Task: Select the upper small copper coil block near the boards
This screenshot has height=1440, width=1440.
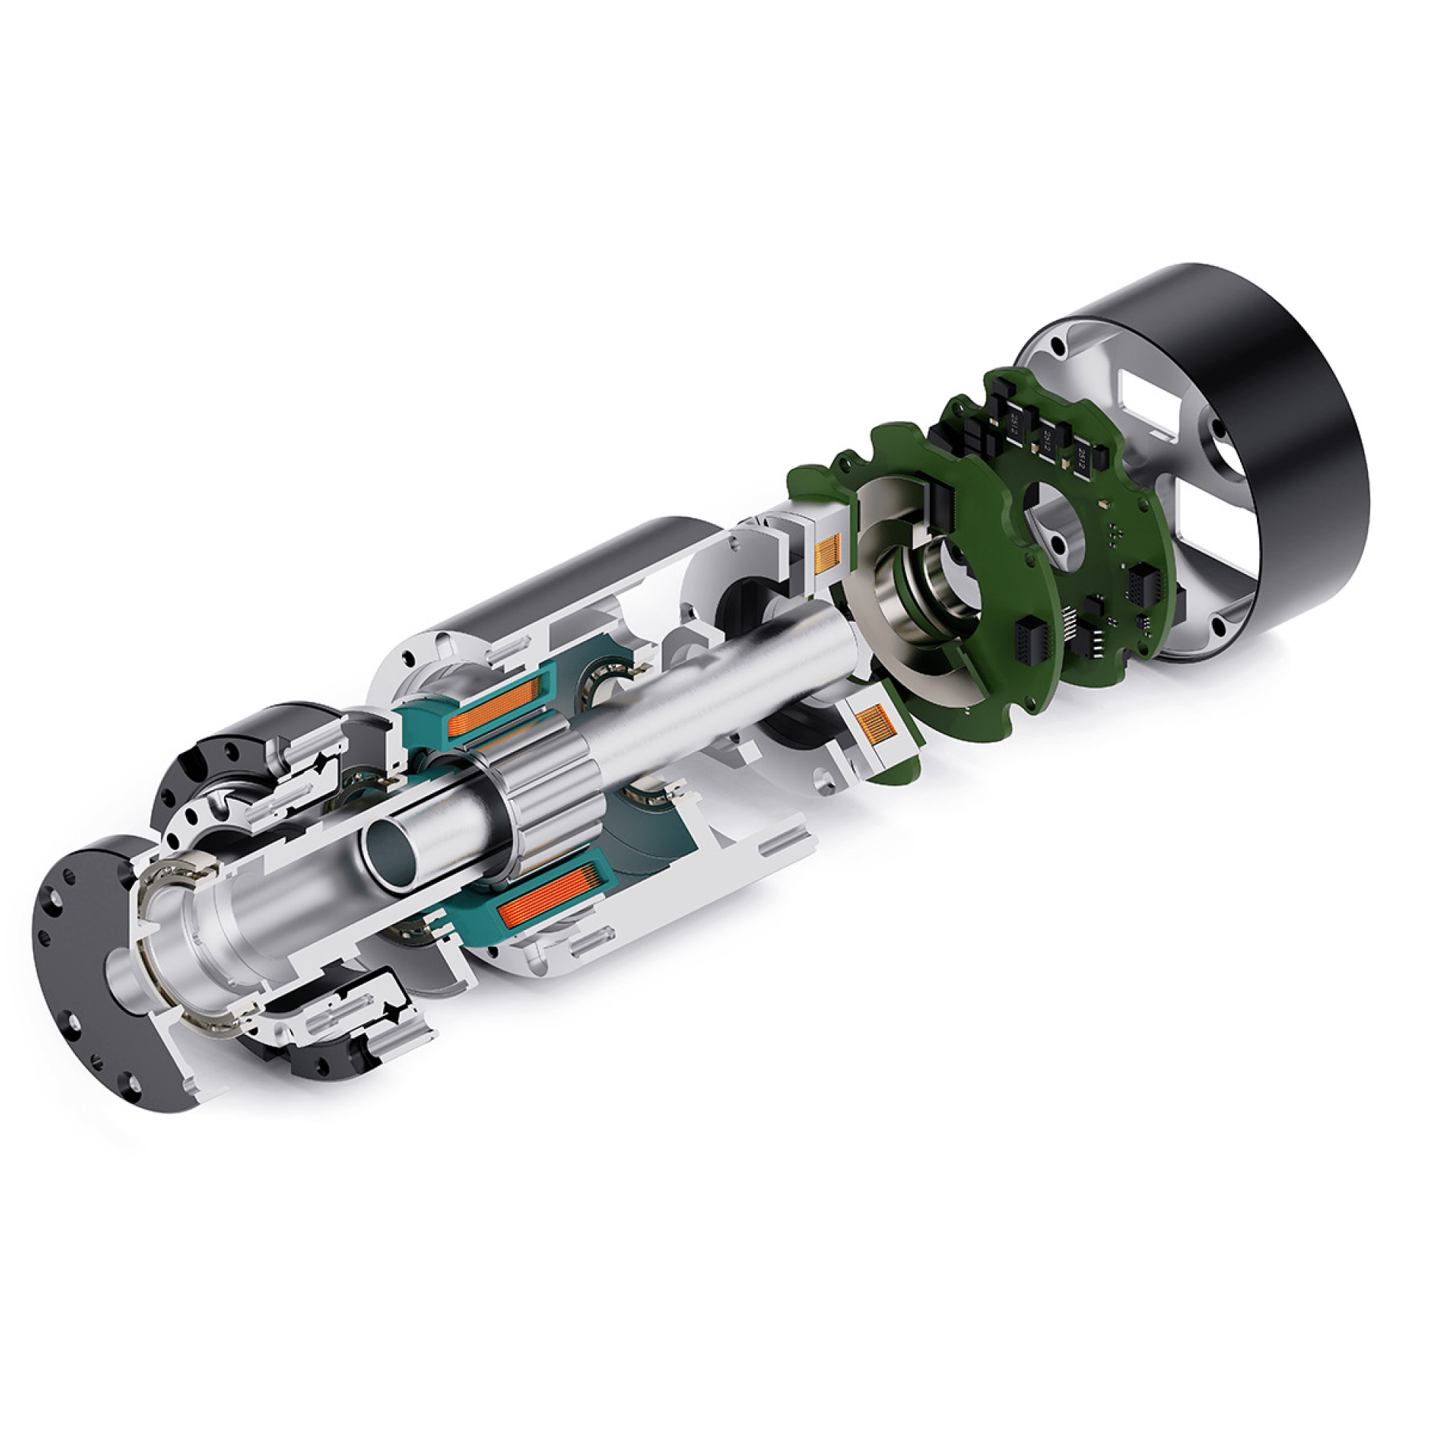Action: [829, 554]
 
